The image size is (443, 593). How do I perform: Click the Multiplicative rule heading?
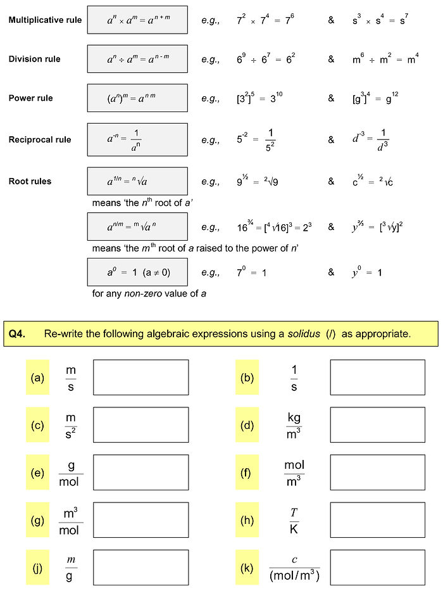tap(45, 20)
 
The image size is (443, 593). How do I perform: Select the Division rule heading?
tap(35, 59)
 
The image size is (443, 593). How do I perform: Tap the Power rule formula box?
tap(137, 98)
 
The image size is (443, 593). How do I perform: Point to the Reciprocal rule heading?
tap(40, 139)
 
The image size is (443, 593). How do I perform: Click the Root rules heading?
tap(30, 181)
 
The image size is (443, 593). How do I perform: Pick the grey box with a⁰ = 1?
tap(137, 272)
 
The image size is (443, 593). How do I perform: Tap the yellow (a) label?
tap(37, 378)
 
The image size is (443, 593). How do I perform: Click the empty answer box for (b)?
tap(377, 378)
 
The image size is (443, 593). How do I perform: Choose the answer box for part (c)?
tap(140, 424)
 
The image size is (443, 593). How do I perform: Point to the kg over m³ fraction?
tap(294, 424)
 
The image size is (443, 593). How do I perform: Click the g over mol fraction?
tap(71, 473)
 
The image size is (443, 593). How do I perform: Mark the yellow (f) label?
tap(247, 473)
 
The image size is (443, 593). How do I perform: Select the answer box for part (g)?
tap(140, 520)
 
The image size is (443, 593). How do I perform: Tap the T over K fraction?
tap(294, 520)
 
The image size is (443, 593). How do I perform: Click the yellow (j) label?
tap(37, 568)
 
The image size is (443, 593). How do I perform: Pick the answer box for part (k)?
tap(377, 568)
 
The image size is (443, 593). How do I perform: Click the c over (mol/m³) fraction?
tap(294, 568)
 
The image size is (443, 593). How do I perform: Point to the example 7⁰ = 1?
tap(251, 272)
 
